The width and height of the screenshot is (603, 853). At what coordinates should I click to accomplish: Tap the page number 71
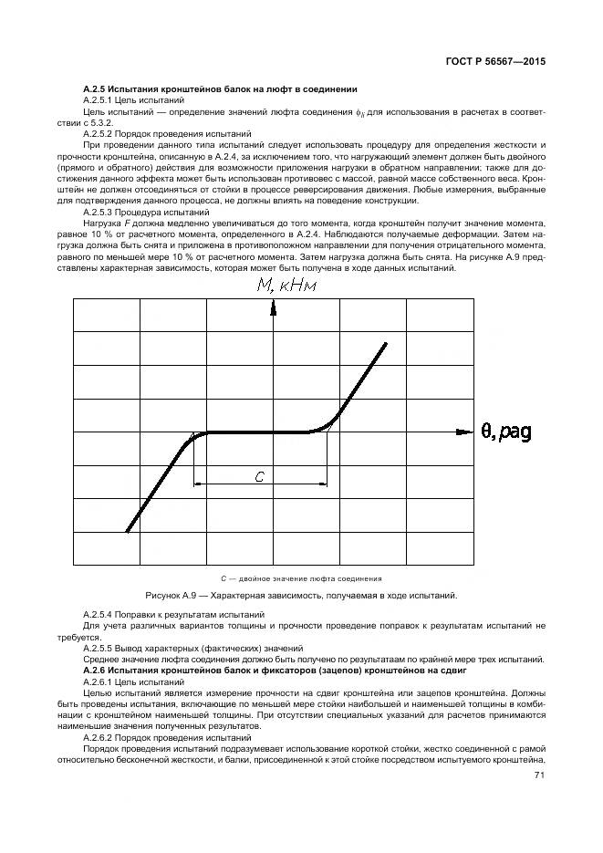pos(538,775)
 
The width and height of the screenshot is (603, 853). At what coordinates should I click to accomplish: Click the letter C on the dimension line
pos(260,476)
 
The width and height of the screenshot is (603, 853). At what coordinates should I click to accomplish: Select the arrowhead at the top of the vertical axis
pos(274,308)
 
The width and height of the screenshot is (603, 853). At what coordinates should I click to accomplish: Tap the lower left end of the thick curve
pos(127,531)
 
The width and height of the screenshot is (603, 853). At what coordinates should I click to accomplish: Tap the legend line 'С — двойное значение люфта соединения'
pos(301,578)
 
